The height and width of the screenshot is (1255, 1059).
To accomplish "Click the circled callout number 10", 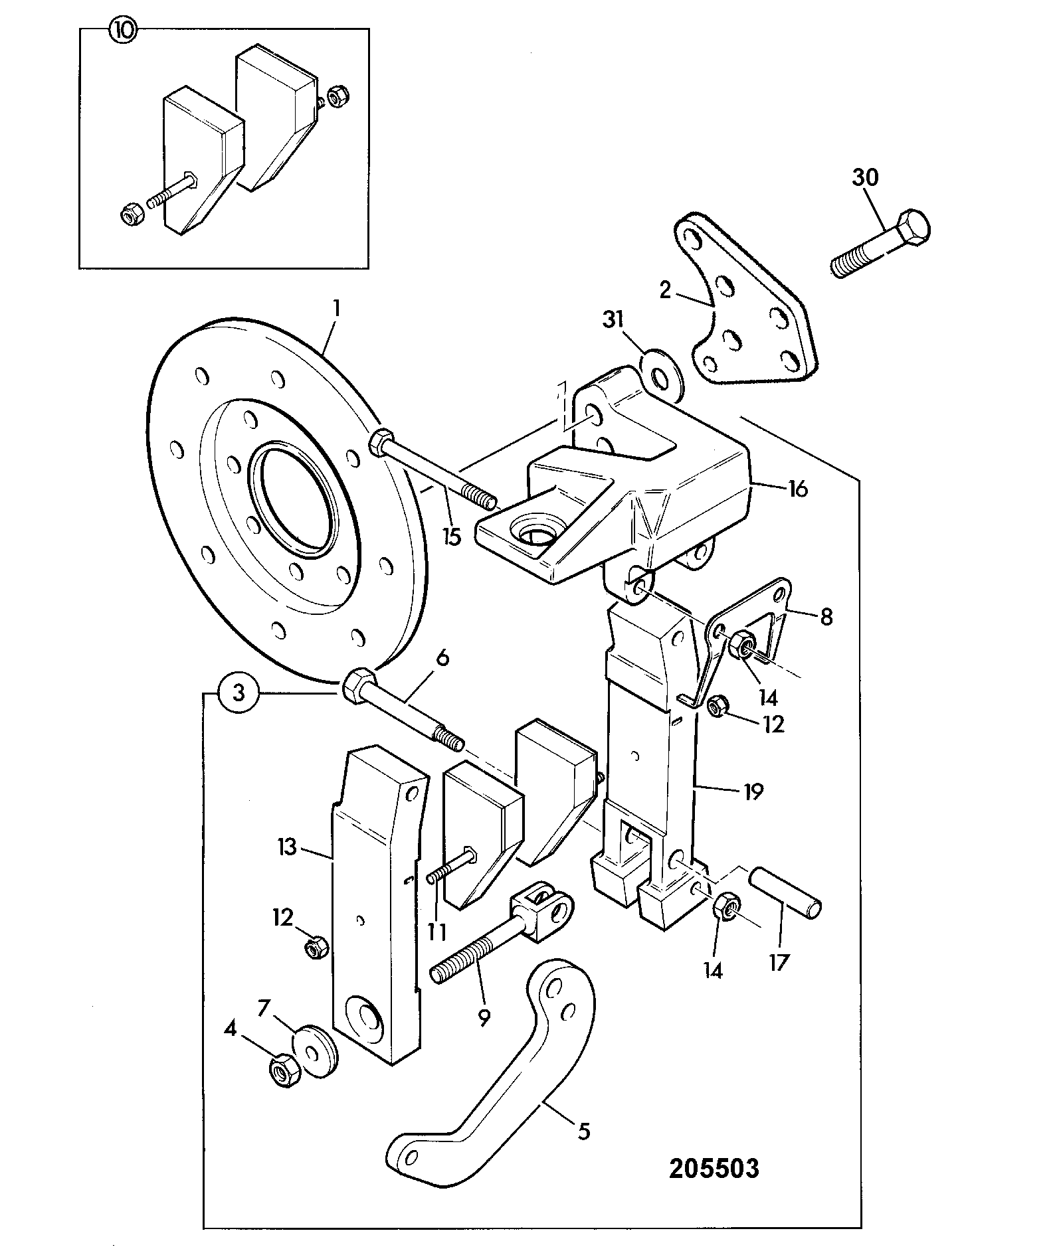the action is pos(123,31).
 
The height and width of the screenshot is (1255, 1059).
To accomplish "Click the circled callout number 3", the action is pos(239,693).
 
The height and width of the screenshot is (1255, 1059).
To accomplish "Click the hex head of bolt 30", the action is pos(914,229).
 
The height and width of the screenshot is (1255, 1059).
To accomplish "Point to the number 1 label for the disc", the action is pos(337,308).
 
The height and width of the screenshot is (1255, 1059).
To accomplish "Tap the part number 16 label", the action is pos(797,489).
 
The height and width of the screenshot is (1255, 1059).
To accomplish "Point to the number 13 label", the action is pos(287,848).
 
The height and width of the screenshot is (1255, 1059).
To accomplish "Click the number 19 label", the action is pos(753,791).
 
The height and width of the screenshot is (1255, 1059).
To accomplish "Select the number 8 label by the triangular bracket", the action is pos(826,617).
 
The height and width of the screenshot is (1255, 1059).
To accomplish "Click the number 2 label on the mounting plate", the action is pos(665,290).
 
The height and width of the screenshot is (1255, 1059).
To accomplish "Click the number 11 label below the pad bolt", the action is pos(436,932).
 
